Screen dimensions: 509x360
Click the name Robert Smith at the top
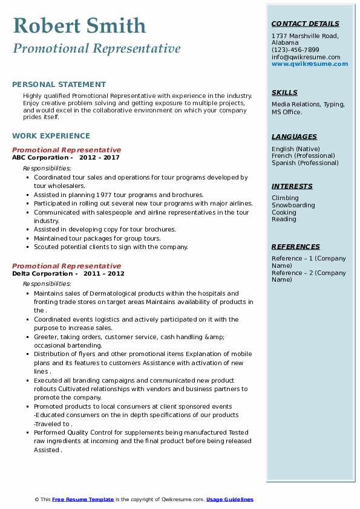pos(79,25)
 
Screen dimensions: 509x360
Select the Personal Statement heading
pos(59,85)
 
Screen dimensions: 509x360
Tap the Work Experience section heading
pos(51,136)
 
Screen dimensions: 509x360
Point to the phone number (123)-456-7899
pos(295,50)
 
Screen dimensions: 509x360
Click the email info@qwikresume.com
pos(301,57)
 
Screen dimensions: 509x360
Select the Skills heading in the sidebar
pos(284,92)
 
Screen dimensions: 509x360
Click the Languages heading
pos(294,137)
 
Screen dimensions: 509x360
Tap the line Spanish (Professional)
pos(305,163)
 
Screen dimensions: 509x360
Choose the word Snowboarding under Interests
pos(293,206)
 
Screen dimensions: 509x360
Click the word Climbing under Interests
pos(285,198)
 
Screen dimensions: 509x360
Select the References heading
pos(296,247)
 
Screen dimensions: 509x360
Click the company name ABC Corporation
pos(40,158)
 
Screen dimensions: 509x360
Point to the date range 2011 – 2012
pos(104,274)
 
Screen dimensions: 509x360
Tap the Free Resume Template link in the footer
pos(83,499)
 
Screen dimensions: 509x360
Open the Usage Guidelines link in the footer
pos(230,499)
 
